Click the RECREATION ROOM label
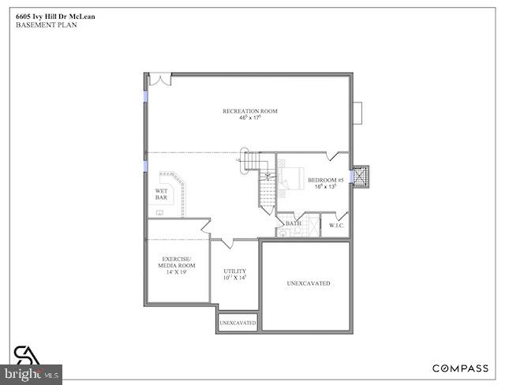pyautogui.click(x=250, y=111)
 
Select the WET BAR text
pyautogui.click(x=161, y=194)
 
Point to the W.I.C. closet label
pyautogui.click(x=336, y=225)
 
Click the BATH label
pyautogui.click(x=294, y=223)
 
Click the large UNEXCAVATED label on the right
pyautogui.click(x=308, y=283)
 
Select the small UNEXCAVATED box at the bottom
pyautogui.click(x=238, y=323)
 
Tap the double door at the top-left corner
pyautogui.click(x=160, y=80)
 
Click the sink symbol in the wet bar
pyautogui.click(x=160, y=211)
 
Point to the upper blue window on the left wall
pyautogui.click(x=145, y=93)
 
